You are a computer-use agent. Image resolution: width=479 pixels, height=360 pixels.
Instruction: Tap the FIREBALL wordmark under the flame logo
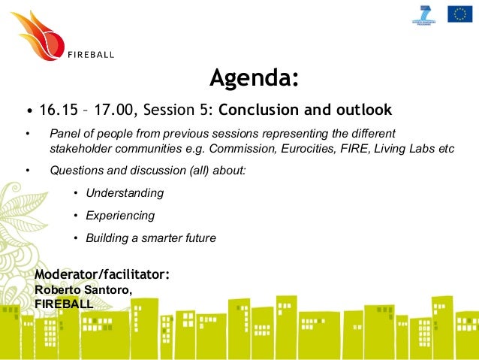coord(92,54)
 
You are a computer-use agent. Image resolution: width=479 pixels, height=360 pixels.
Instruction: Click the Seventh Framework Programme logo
coord(425,14)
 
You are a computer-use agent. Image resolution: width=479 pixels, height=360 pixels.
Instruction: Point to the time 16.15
coord(59,110)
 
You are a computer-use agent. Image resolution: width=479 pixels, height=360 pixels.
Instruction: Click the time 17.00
coord(115,110)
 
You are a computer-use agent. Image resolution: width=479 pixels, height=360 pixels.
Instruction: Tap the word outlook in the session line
coord(361,110)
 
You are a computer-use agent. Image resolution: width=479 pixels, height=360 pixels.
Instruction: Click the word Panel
coord(65,134)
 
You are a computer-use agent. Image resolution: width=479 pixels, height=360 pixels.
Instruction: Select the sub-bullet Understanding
coord(125,193)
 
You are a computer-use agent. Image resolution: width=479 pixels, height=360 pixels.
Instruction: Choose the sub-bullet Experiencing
coord(120,216)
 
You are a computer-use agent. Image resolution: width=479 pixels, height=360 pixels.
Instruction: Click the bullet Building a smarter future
coord(151,238)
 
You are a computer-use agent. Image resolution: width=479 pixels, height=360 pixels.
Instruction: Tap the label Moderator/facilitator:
coord(102,275)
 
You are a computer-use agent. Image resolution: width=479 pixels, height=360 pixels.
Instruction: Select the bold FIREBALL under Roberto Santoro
coord(65,304)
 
